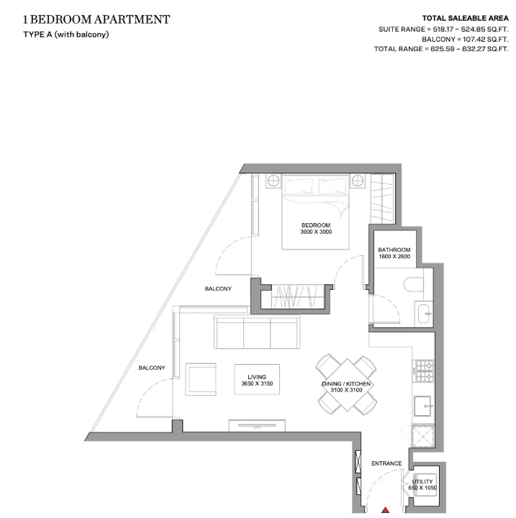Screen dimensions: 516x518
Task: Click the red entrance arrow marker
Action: (385, 510)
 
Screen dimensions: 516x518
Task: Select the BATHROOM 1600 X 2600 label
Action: (394, 253)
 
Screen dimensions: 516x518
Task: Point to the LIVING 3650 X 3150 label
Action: (257, 381)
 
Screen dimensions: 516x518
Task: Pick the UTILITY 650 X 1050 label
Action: (422, 485)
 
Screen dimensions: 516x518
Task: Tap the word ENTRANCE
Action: (386, 463)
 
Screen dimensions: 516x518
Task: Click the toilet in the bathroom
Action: (414, 284)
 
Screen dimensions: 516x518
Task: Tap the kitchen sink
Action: (423, 406)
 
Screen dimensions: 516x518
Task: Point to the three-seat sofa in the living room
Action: (257, 332)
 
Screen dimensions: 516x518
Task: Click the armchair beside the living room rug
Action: (201, 379)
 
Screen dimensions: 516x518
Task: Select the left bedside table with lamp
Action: (273, 181)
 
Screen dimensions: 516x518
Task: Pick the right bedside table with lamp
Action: (358, 181)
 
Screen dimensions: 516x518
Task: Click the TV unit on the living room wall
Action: (257, 425)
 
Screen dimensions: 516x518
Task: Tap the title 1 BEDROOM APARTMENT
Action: (96, 20)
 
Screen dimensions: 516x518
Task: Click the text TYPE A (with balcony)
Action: (66, 35)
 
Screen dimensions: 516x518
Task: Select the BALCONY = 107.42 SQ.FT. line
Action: (465, 40)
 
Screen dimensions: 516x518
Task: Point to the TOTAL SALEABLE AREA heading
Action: (466, 19)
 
